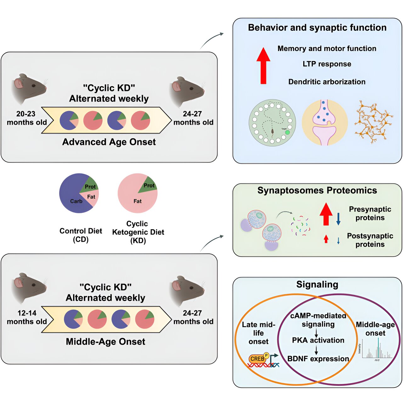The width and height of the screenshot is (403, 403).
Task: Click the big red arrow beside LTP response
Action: click(x=263, y=66)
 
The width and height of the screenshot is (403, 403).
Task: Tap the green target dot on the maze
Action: click(x=287, y=133)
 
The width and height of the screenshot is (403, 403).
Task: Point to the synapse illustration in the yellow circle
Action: click(x=324, y=122)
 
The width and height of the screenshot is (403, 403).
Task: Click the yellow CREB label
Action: click(x=257, y=359)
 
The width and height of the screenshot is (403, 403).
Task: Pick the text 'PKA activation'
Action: click(x=318, y=340)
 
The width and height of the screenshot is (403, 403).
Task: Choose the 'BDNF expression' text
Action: click(x=318, y=359)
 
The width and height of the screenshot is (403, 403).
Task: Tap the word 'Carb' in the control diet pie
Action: click(x=76, y=201)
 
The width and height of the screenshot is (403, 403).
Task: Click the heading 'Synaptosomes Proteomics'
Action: click(x=317, y=190)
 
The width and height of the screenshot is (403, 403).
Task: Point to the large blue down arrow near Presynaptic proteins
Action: click(x=338, y=219)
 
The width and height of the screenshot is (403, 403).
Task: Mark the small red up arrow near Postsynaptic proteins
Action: click(x=326, y=239)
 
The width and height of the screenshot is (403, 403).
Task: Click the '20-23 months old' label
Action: click(x=27, y=118)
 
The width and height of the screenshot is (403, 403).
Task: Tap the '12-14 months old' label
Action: click(x=27, y=317)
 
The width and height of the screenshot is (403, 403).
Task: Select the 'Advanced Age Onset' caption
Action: click(x=109, y=142)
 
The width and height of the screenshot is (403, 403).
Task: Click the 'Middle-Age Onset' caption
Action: click(x=105, y=342)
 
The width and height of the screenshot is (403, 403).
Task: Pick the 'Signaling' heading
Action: click(x=317, y=285)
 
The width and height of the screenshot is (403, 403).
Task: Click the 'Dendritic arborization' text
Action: click(x=327, y=82)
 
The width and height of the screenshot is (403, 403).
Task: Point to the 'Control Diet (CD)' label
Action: click(x=81, y=235)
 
